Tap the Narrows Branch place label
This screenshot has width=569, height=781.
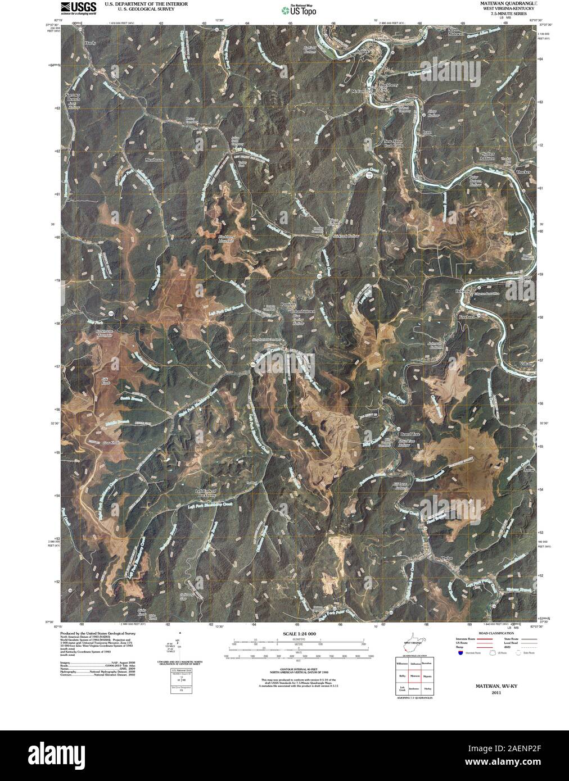pos(73,97)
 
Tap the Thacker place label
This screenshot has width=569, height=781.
pos(523,171)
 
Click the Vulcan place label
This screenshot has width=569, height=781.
pos(525,364)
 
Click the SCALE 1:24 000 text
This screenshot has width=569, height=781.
pos(296,633)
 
